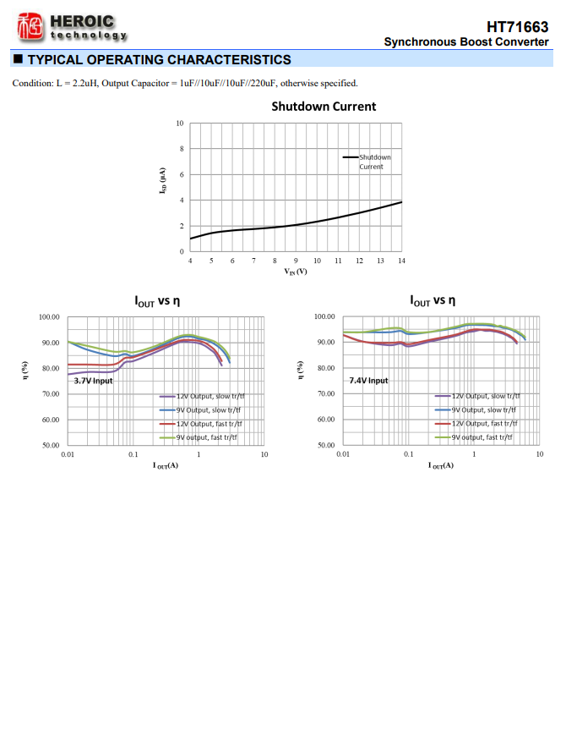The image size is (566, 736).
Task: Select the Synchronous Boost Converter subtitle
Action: [465, 41]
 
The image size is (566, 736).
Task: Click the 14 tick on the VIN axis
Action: [401, 261]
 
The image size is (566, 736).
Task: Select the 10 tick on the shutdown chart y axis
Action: [179, 124]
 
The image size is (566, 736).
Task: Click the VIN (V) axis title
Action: [296, 272]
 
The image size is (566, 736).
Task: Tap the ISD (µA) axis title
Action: [162, 187]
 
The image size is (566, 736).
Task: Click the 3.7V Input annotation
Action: [93, 381]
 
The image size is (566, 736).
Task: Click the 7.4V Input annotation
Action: [368, 381]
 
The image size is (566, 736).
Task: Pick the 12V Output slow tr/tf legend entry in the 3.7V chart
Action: [208, 396]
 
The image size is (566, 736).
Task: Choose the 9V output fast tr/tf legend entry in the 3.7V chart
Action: [206, 437]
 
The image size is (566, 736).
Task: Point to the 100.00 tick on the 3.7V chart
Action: [49, 316]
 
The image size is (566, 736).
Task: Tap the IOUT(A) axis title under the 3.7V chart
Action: [166, 466]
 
